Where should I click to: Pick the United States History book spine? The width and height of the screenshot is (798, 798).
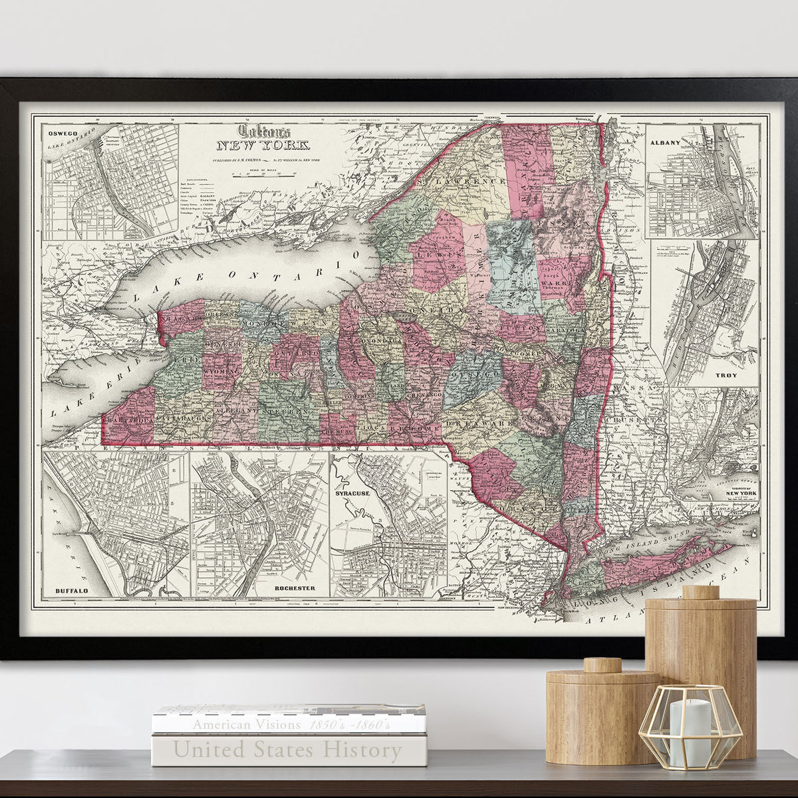(x=288, y=750)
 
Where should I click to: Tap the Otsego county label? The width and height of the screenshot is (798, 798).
(x=475, y=376)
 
